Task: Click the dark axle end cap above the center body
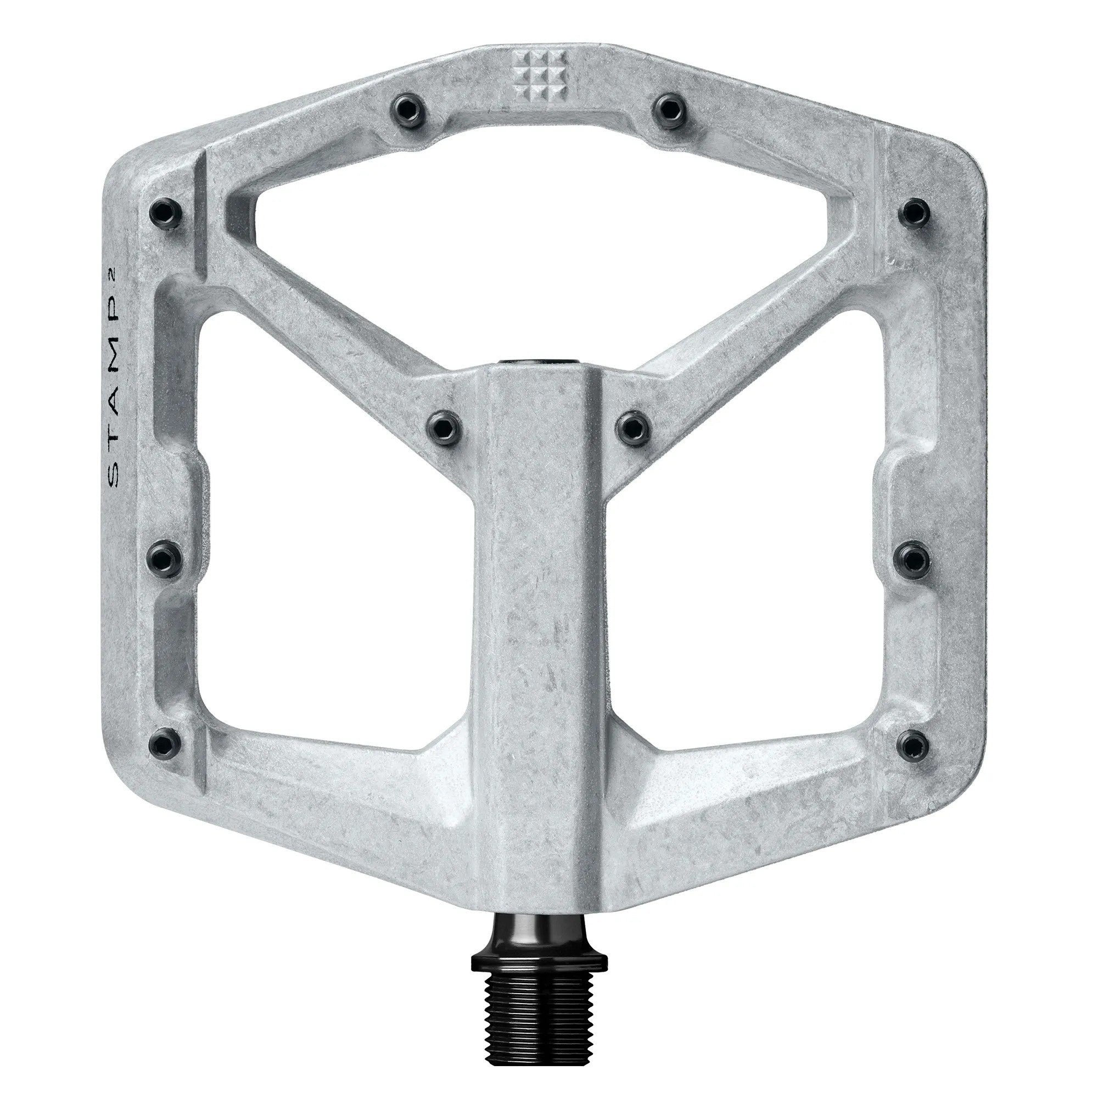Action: click(539, 361)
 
